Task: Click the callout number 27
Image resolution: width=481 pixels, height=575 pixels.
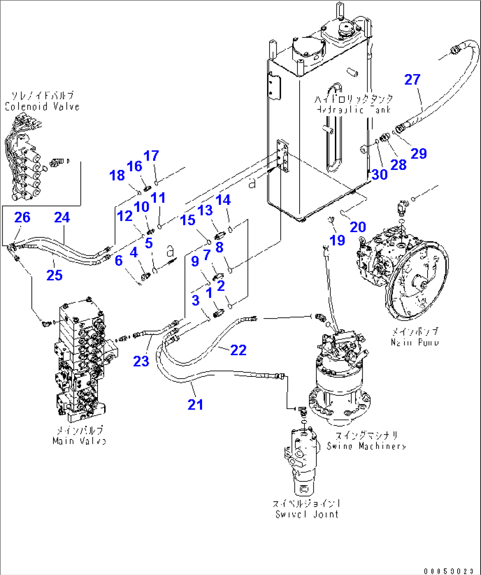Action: click(x=412, y=80)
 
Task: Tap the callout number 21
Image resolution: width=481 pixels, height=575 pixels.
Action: click(x=195, y=404)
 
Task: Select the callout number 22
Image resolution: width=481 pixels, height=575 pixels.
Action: click(x=238, y=350)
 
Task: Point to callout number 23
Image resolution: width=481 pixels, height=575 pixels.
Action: click(x=141, y=361)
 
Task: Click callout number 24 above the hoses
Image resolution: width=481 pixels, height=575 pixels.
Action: click(x=62, y=217)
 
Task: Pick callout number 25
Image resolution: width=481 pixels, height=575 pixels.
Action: click(x=55, y=275)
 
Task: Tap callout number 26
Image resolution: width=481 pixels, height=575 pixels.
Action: click(x=23, y=217)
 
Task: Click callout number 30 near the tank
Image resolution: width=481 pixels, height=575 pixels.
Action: click(x=380, y=174)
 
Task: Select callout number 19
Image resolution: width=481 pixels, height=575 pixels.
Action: click(x=338, y=240)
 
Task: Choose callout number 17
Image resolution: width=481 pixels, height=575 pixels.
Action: click(x=151, y=156)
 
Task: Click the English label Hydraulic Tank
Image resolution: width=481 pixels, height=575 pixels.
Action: click(x=353, y=109)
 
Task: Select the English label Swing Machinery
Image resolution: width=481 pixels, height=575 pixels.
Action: click(x=366, y=446)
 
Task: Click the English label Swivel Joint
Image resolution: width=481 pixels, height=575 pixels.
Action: click(x=307, y=514)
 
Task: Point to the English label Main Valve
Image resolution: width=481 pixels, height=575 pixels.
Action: click(x=79, y=441)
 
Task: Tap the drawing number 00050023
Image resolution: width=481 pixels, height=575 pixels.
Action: click(x=450, y=571)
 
